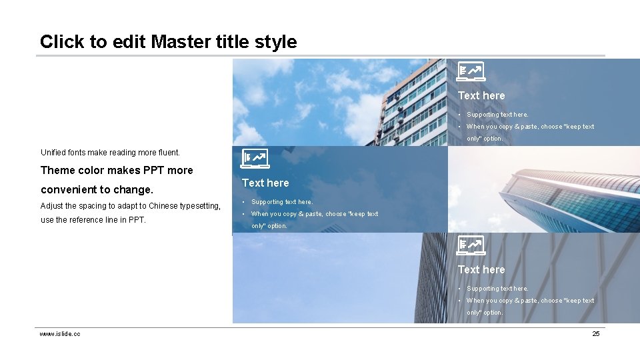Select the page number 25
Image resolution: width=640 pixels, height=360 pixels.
[x=596, y=333]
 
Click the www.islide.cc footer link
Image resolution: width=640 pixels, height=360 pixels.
[x=60, y=333]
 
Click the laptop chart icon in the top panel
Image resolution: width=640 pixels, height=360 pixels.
[x=471, y=71]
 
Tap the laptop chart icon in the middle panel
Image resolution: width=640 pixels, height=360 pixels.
[x=254, y=158]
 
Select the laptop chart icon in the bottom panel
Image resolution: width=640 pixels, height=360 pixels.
[x=471, y=245]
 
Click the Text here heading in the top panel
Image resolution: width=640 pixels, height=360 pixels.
[x=481, y=96]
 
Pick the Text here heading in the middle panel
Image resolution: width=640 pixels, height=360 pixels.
[x=265, y=183]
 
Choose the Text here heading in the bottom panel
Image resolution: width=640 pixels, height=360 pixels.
[x=481, y=270]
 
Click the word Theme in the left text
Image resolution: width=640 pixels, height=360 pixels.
[x=58, y=171]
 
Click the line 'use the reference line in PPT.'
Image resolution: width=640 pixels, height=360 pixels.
[x=93, y=220]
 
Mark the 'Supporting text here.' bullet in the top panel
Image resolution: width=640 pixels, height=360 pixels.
[x=497, y=115]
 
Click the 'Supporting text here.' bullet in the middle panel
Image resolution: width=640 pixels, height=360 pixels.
[x=281, y=202]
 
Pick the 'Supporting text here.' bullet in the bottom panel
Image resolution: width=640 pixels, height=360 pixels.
[x=497, y=289]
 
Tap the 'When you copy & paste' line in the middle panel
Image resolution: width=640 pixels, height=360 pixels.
[x=314, y=214]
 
